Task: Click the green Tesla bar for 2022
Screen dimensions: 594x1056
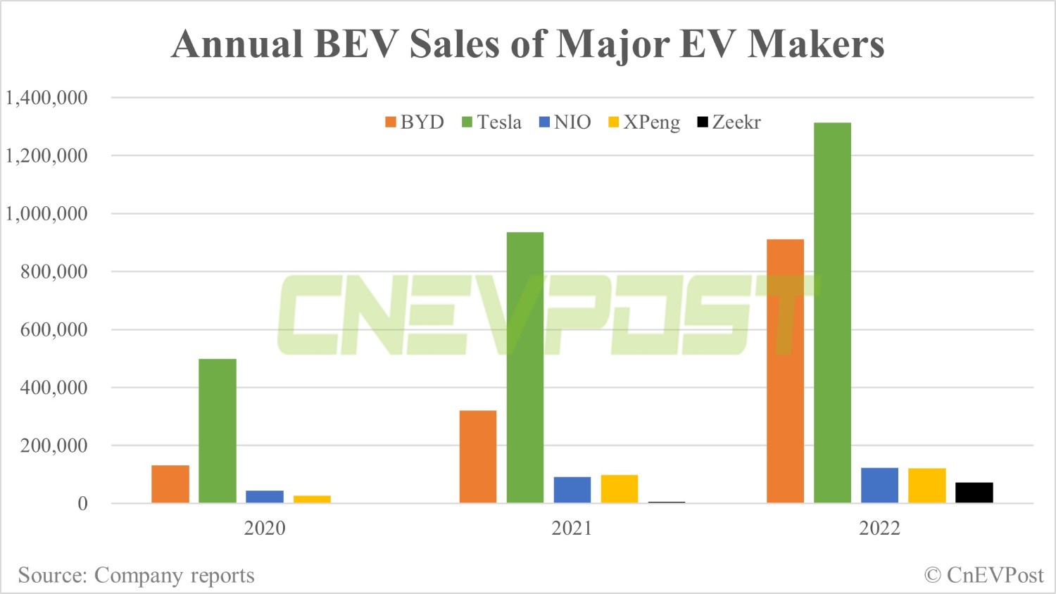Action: point(832,312)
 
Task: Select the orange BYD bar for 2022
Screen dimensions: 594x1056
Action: point(785,371)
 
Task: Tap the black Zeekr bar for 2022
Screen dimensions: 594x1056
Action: point(974,493)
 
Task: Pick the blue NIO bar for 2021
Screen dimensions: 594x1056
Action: point(572,490)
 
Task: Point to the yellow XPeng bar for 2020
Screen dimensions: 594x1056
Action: point(312,499)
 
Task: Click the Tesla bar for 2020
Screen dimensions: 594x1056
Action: point(218,431)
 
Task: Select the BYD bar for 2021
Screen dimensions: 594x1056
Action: point(477,456)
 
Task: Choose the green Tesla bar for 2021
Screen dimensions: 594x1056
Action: point(525,367)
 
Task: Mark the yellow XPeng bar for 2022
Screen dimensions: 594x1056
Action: point(926,486)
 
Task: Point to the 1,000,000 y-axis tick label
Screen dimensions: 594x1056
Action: point(47,214)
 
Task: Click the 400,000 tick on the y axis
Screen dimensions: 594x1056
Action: point(54,388)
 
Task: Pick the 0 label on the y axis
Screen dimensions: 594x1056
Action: point(82,504)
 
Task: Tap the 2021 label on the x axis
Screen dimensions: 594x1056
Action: point(572,529)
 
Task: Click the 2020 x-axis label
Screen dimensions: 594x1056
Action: point(265,529)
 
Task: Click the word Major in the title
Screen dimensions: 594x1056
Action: point(612,44)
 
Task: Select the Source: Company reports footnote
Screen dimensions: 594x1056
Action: point(136,576)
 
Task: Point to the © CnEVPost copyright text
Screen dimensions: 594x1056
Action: point(983,576)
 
